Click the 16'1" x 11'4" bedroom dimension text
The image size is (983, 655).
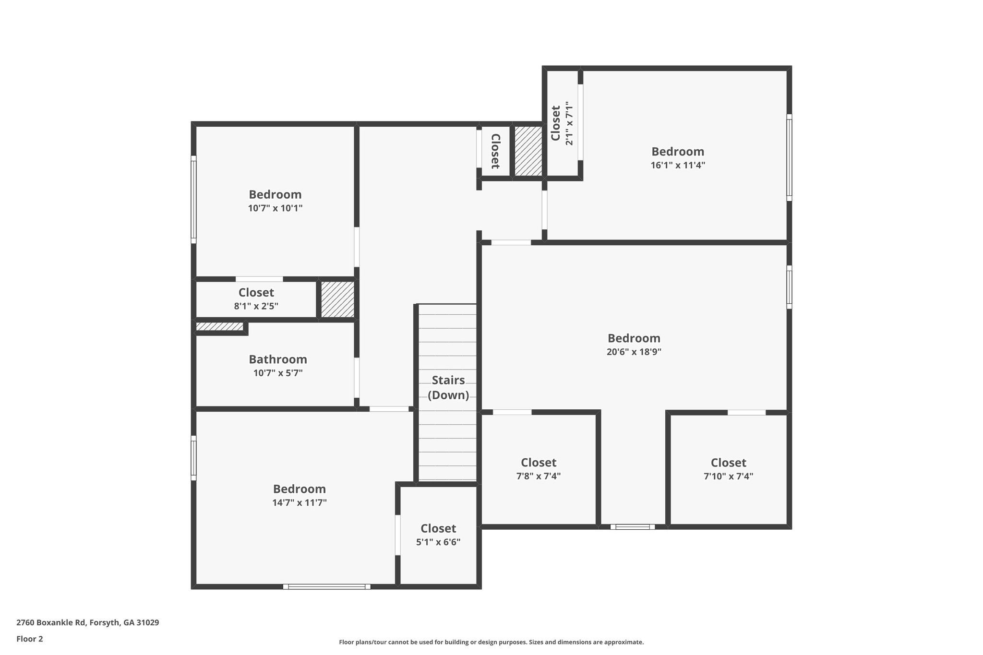pyautogui.click(x=677, y=166)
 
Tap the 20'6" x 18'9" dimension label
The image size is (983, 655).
pyautogui.click(x=634, y=352)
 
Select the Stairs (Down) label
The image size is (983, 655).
pyautogui.click(x=448, y=388)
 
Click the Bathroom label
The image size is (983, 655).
pyautogui.click(x=277, y=359)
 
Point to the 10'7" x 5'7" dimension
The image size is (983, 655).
pyautogui.click(x=277, y=373)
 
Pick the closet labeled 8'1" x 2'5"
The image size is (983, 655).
pyautogui.click(x=256, y=299)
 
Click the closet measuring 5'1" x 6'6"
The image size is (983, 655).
pyautogui.click(x=438, y=535)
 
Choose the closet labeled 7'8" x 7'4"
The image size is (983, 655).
pyautogui.click(x=538, y=469)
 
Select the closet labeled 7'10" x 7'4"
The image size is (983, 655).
pyautogui.click(x=728, y=469)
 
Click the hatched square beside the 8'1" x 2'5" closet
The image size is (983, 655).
pyautogui.click(x=337, y=299)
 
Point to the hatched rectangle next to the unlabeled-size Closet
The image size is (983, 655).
pyautogui.click(x=528, y=151)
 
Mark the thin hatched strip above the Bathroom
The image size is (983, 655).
pyautogui.click(x=219, y=327)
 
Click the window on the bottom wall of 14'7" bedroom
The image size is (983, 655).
pyautogui.click(x=326, y=586)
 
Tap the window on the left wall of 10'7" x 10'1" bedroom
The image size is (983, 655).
pyautogui.click(x=193, y=199)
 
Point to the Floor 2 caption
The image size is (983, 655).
pyautogui.click(x=29, y=639)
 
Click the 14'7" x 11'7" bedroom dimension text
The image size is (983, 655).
pyautogui.click(x=299, y=503)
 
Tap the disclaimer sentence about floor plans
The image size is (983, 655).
pyautogui.click(x=491, y=642)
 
